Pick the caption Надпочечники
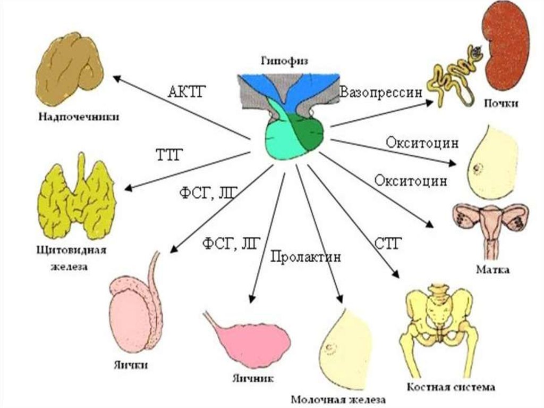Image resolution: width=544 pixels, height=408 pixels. [x=78, y=116]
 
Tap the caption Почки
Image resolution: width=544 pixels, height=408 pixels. [x=500, y=103]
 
